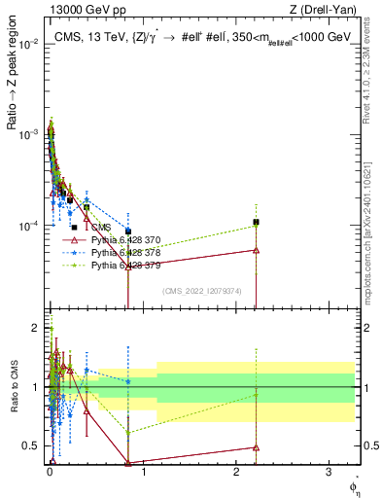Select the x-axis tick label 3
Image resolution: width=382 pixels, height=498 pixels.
[x=329, y=475]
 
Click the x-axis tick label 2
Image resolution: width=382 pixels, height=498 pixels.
[x=236, y=475]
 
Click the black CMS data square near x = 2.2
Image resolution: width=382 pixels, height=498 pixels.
[x=256, y=222]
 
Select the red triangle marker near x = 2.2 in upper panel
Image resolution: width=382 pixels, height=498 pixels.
[x=256, y=250]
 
